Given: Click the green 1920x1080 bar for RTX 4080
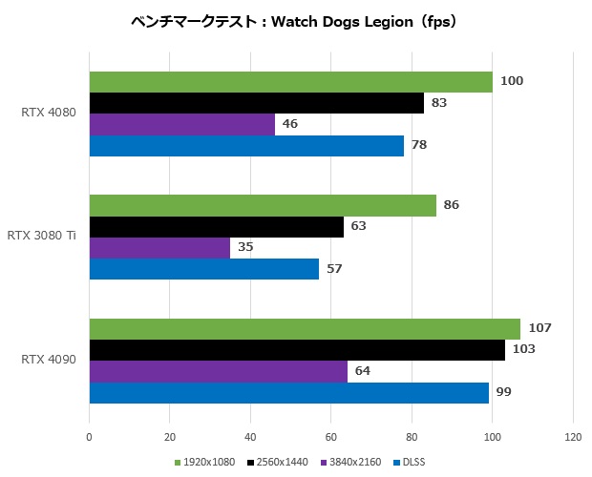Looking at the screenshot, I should click(290, 82).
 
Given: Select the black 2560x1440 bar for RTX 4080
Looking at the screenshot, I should click(256, 103).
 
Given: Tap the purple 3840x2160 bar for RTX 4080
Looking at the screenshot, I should click(181, 124).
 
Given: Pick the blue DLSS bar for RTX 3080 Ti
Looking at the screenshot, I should click(203, 269).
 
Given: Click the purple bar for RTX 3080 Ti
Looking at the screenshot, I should click(159, 248).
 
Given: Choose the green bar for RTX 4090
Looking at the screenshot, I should click(305, 329).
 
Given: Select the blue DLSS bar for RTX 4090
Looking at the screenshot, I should click(288, 392).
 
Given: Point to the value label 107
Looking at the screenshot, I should click(540, 328).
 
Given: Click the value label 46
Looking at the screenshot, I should click(289, 124).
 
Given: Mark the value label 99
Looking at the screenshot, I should click(504, 392).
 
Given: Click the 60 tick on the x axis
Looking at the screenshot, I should click(331, 439).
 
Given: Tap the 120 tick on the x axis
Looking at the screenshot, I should click(573, 439).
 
